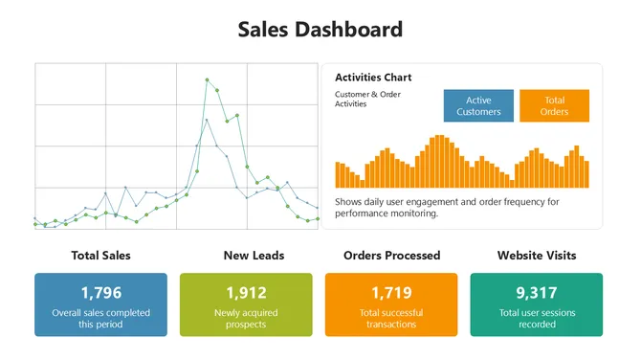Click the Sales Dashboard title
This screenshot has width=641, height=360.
320,30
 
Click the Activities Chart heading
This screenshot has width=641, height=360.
373,78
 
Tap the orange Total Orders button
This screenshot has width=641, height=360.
554,105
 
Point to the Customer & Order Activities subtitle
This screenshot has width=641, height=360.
367,99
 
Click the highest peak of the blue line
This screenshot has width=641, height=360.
207,120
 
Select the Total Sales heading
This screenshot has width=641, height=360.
100,256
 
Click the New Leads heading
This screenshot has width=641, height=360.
254,256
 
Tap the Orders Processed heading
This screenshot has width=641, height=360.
391,256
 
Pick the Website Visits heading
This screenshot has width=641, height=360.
537,256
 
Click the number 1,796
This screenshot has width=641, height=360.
100,293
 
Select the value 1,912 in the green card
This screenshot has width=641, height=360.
246,293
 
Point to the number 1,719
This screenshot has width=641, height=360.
391,293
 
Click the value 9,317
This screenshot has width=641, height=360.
537,293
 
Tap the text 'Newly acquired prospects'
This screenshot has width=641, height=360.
246,318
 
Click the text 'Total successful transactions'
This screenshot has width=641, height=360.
391,318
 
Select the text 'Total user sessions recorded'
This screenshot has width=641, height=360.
537,318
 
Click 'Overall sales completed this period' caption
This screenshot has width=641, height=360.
100,318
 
